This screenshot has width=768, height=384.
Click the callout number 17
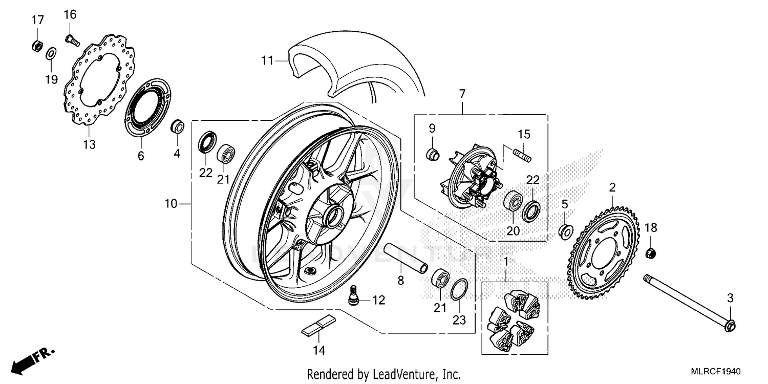coord(37,20)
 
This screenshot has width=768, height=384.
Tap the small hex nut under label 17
coord(36,47)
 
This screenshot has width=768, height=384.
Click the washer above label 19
coord(51,53)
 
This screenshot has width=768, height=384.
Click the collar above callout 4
coord(177,126)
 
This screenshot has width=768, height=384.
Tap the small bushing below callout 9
coord(433,153)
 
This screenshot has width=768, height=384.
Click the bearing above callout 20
coord(513,200)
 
